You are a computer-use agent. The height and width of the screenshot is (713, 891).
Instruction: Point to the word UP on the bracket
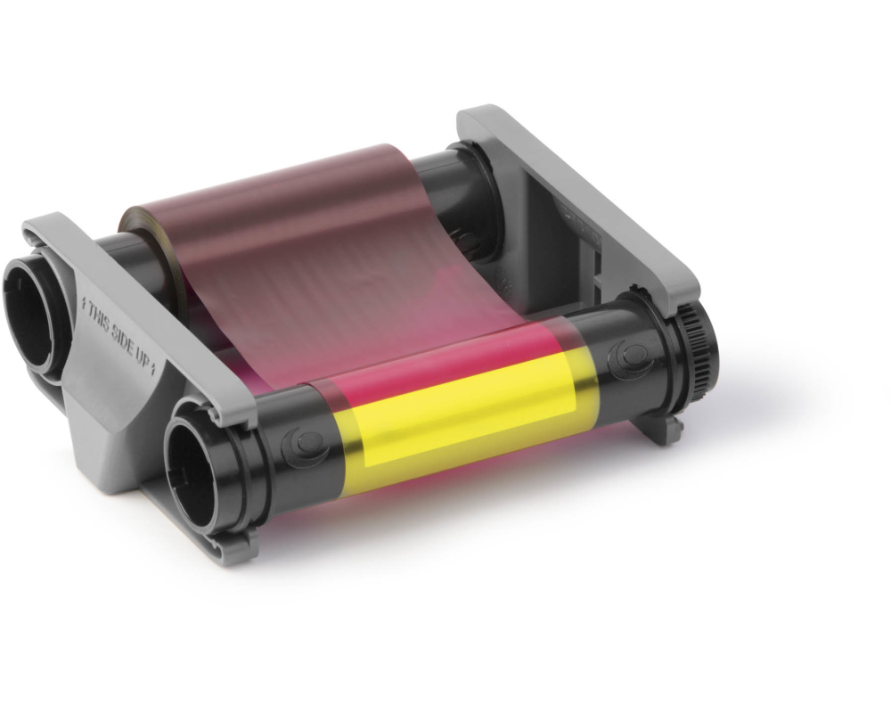pyautogui.click(x=143, y=357)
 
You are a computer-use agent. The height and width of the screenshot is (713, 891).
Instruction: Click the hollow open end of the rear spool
pyautogui.click(x=36, y=307)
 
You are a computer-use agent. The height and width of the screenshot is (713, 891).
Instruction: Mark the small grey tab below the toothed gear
pyautogui.click(x=660, y=426)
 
